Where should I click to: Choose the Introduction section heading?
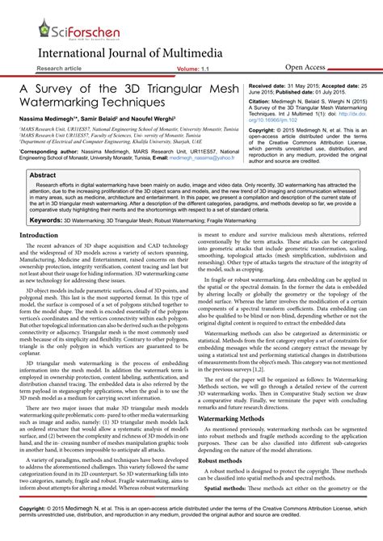tap(39, 236)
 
